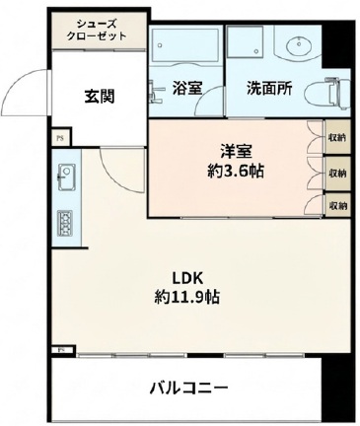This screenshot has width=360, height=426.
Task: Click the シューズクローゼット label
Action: click(x=96, y=29)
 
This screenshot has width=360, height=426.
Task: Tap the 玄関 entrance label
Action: click(x=98, y=96)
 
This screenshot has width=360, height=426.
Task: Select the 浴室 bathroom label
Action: click(x=187, y=87)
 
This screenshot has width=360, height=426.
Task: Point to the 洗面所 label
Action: click(x=269, y=87)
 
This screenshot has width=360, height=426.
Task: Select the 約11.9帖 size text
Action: click(x=186, y=296)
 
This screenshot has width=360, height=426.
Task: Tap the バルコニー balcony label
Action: click(x=189, y=387)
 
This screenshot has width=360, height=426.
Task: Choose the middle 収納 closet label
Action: click(x=337, y=172)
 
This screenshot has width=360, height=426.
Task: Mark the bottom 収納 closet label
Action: click(x=337, y=205)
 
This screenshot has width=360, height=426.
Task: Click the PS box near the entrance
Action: click(x=60, y=138)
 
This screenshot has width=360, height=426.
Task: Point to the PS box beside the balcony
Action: click(x=60, y=349)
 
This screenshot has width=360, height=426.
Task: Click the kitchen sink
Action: click(x=66, y=178)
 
